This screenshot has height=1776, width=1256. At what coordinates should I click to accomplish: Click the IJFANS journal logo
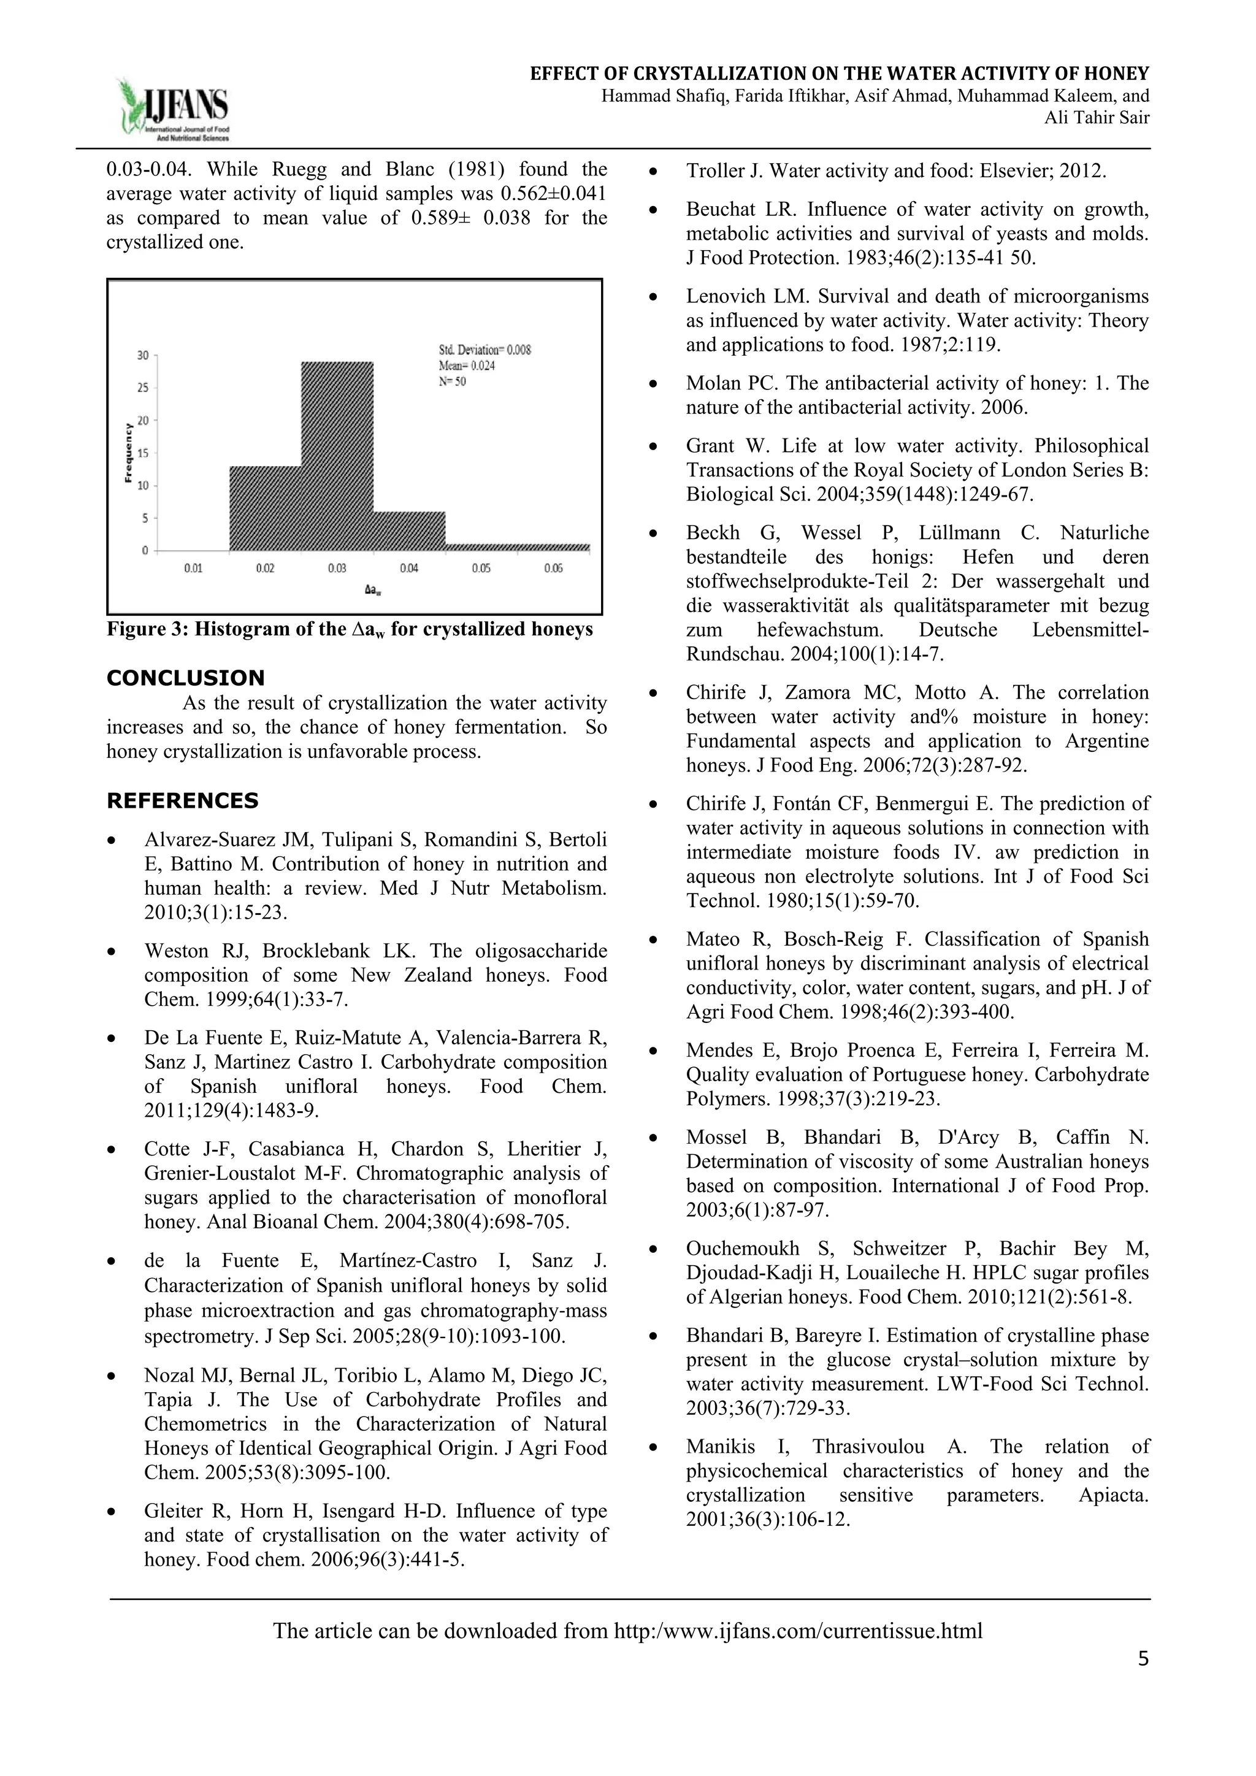pos(174,109)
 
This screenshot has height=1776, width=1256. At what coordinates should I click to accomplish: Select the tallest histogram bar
pos(337,456)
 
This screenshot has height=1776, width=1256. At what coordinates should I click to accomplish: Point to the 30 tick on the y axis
pos(143,355)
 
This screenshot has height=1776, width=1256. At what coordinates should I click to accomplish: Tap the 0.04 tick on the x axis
pos(409,568)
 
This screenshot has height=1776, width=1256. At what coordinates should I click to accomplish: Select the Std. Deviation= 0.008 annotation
pos(485,350)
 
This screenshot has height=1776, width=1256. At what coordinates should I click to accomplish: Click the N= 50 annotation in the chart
pos(453,381)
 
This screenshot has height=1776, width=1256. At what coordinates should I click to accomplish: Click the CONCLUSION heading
pos(186,678)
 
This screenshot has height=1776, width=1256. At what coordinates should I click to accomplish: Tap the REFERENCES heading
pos(183,800)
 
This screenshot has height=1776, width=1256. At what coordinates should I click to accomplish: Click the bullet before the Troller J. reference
pos(654,171)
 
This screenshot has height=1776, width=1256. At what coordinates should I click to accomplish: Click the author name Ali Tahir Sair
pos(1097,118)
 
